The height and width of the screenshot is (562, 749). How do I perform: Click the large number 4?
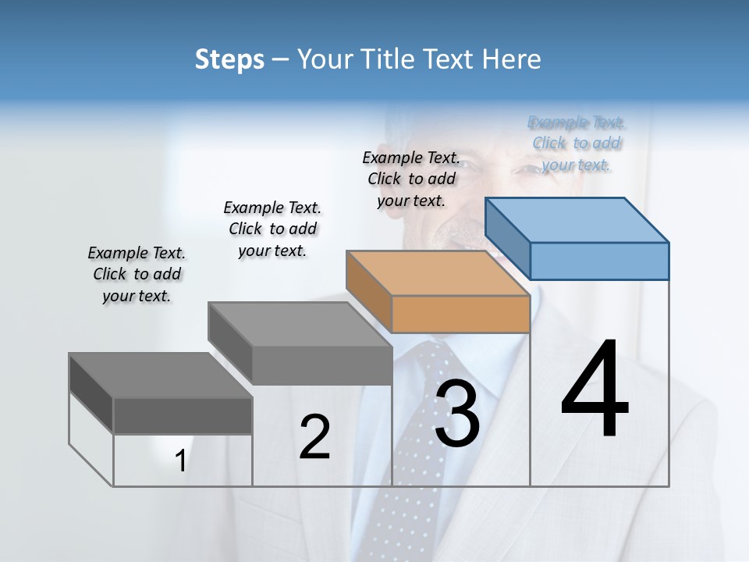coord(595,389)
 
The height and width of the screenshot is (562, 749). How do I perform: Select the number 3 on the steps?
coord(457,412)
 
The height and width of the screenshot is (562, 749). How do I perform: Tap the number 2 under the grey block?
coord(314,437)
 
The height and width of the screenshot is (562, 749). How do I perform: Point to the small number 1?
coord(181,461)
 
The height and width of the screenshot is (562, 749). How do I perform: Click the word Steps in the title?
coord(229,59)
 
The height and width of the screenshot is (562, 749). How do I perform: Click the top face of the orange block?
coord(438,272)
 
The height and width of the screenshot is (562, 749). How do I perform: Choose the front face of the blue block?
coord(599,261)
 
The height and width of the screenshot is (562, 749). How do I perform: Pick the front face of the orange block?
coord(460,315)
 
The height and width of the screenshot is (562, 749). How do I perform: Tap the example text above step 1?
coord(137,274)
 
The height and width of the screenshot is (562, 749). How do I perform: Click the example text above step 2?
coord(272,229)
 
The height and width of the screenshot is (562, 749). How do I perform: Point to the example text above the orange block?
coord(411,179)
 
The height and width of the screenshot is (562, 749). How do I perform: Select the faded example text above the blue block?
coord(577,143)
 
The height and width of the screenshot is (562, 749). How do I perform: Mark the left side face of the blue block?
coord(507,233)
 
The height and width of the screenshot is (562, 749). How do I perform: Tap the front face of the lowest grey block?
coord(183,415)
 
